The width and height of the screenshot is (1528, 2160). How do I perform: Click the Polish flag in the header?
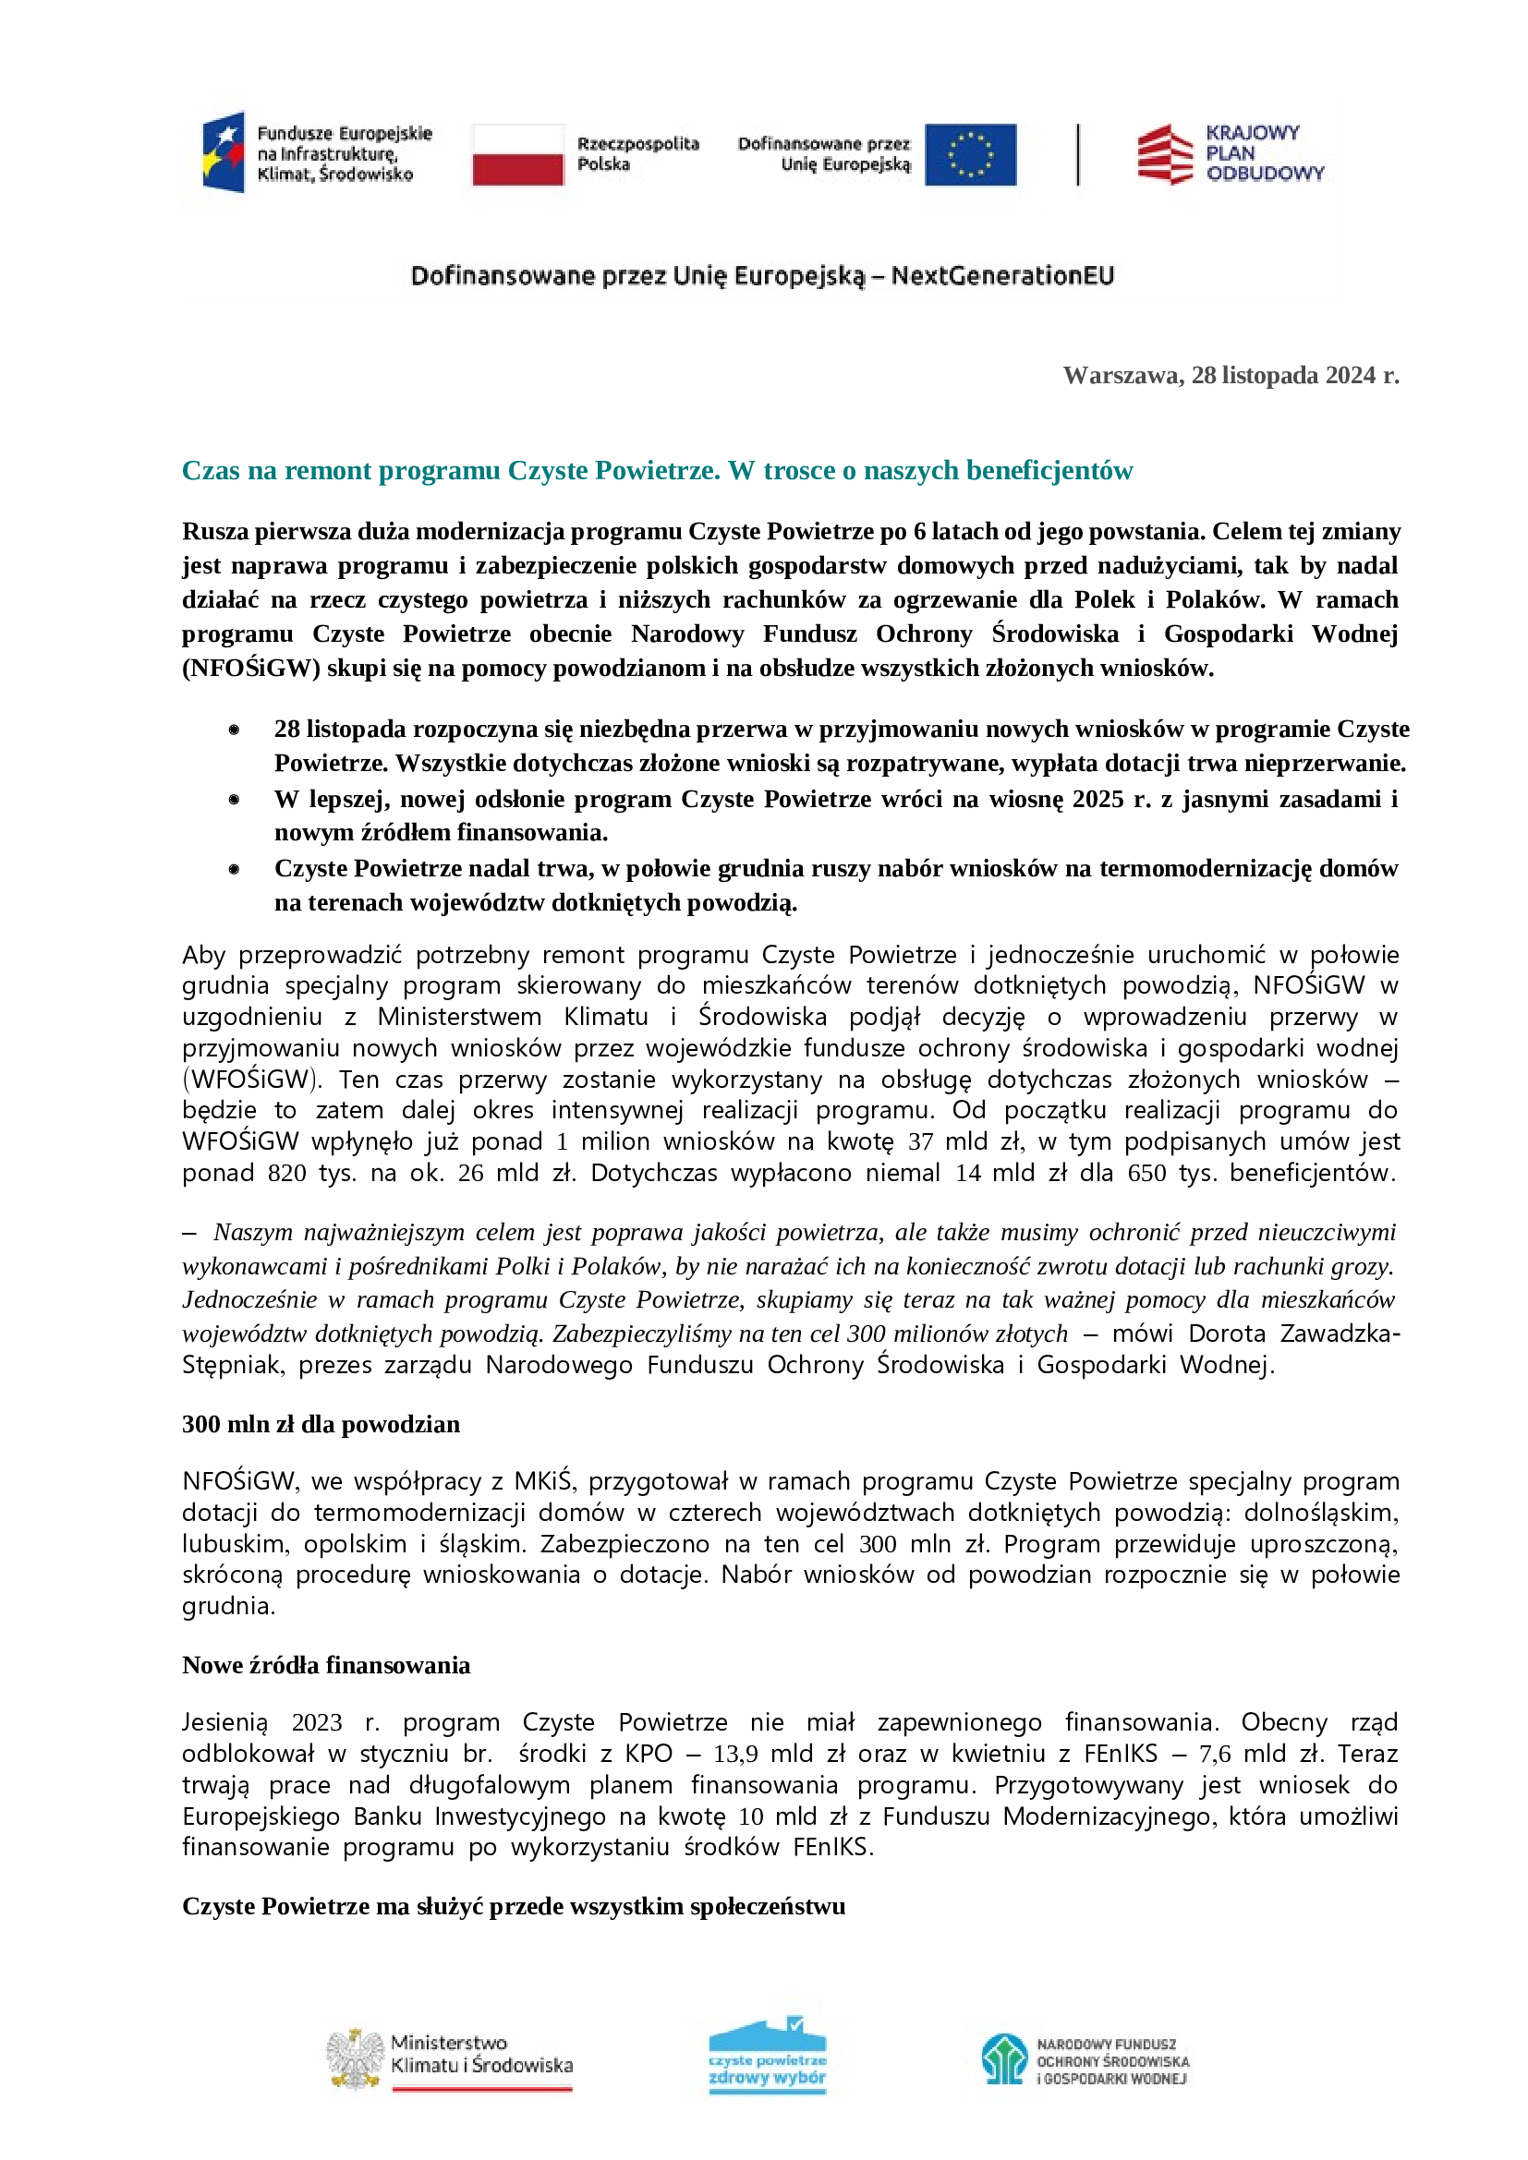tap(517, 155)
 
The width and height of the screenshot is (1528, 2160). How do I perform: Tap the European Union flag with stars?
tap(969, 155)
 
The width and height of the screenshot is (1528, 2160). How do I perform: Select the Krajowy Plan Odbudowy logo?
tap(1229, 153)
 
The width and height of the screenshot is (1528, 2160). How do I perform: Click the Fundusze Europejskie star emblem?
tap(224, 152)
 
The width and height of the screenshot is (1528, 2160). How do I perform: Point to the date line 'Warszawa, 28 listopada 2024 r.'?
tap(1231, 375)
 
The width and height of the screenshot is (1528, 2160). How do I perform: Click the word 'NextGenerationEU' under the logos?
tap(1002, 275)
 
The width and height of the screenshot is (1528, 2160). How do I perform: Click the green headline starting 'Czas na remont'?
tap(657, 470)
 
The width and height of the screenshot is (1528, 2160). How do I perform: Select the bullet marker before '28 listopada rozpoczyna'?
tap(234, 730)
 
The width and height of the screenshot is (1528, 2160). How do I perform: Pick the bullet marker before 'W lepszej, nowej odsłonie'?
tap(234, 800)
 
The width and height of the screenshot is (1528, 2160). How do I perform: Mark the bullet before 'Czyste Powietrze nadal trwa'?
tap(234, 869)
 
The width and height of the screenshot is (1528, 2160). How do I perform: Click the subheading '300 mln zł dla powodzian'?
tap(321, 1424)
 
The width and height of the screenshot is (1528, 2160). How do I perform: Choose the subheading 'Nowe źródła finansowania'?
tap(325, 1665)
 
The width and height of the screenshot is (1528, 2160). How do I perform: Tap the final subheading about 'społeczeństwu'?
tap(514, 1906)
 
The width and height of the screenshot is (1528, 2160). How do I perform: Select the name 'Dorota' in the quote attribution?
tap(1226, 1334)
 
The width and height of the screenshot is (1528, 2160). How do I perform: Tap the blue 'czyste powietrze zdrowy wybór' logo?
tap(767, 2057)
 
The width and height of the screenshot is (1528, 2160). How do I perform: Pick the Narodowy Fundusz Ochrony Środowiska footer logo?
tap(1004, 2058)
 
